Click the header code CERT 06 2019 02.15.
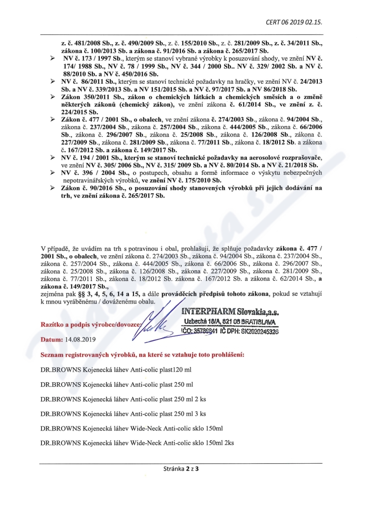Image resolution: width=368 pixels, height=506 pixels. coord(293,22)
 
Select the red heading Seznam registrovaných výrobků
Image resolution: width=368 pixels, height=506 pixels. coord(142,355)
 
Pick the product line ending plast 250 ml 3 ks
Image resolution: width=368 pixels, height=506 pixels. coord(123,414)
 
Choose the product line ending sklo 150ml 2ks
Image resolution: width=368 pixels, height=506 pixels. coord(137,443)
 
